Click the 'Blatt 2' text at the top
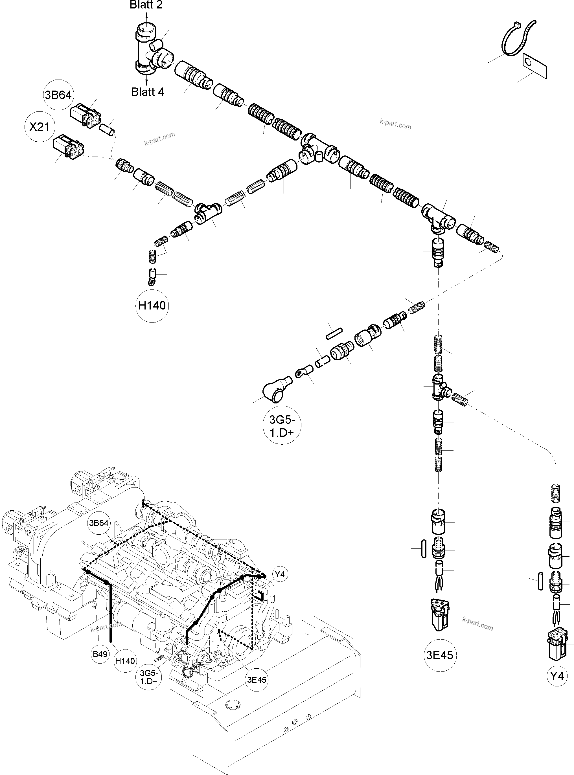click(x=146, y=5)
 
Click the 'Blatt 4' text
click(x=147, y=92)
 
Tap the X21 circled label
click(x=40, y=127)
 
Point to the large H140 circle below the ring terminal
click(x=152, y=306)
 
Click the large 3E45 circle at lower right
click(x=440, y=655)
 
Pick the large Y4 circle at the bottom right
click(x=557, y=676)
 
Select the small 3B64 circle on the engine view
click(x=99, y=523)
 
